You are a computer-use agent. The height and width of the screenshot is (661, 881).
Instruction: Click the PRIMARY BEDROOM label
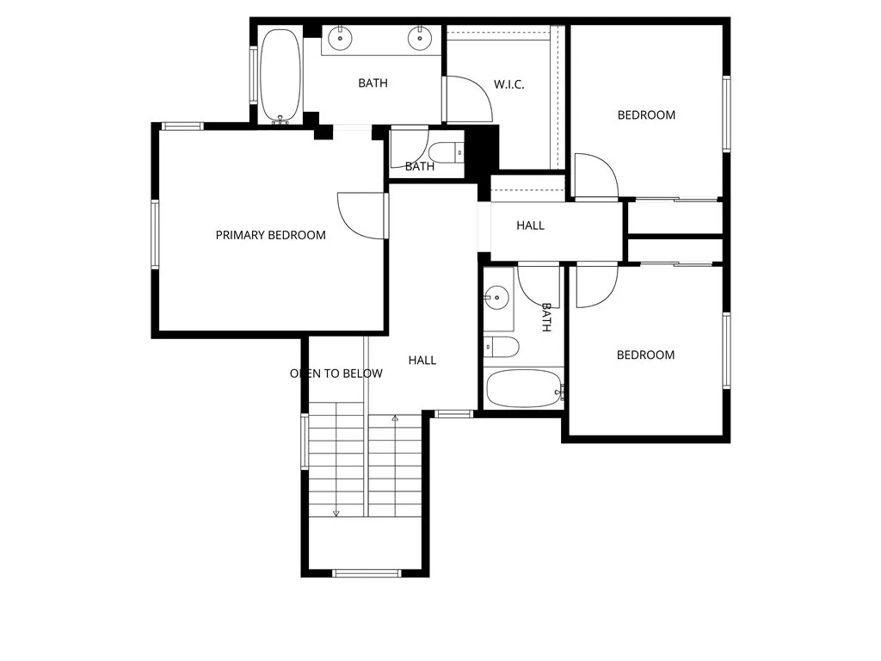tap(270, 235)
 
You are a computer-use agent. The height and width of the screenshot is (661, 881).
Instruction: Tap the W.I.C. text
tap(508, 84)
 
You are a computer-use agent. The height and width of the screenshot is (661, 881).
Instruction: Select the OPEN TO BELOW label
tap(336, 374)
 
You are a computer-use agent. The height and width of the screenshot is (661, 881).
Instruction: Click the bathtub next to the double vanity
tap(280, 76)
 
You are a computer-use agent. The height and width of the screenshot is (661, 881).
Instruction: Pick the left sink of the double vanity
tap(342, 36)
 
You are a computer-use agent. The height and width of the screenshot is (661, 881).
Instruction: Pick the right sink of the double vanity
tap(421, 36)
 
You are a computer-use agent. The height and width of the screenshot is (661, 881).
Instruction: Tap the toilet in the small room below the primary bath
tap(445, 153)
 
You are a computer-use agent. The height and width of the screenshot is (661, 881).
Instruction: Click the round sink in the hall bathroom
tap(496, 299)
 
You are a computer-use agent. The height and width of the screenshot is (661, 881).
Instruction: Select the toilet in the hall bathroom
tap(502, 347)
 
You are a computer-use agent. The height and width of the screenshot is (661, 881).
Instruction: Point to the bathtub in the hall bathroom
tap(524, 388)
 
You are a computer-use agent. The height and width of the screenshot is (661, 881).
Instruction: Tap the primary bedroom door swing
tap(361, 215)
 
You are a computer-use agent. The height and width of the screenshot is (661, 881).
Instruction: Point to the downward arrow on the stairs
tap(336, 514)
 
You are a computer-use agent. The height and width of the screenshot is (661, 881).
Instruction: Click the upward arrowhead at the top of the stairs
tap(395, 418)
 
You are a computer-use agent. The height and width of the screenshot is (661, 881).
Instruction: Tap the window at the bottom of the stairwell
tap(367, 573)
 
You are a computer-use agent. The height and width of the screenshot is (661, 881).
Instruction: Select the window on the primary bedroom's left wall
tap(156, 234)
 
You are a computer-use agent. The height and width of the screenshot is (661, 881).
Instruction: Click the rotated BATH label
tap(545, 318)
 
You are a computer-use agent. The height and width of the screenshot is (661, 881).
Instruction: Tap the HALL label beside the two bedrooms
tap(530, 225)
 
